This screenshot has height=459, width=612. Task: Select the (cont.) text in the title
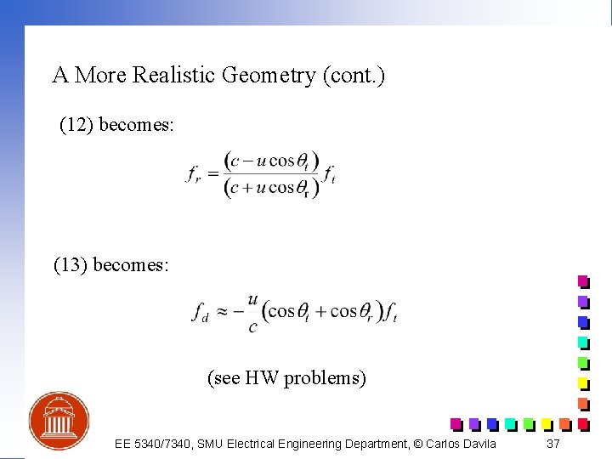[x=354, y=76]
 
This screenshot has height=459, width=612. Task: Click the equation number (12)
[x=76, y=125]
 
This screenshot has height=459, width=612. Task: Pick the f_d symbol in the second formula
[x=200, y=313]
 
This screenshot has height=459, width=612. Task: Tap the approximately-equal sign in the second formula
[x=223, y=312]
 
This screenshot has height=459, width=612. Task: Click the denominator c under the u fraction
[x=252, y=327]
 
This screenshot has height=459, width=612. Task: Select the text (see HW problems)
[x=286, y=377]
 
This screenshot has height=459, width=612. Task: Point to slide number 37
[x=553, y=444]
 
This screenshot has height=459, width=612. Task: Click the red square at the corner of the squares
[x=583, y=423]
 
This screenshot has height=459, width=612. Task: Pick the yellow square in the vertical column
[x=583, y=382]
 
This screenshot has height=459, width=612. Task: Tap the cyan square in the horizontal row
[x=509, y=423]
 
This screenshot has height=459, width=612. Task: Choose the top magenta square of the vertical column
[x=583, y=281]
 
